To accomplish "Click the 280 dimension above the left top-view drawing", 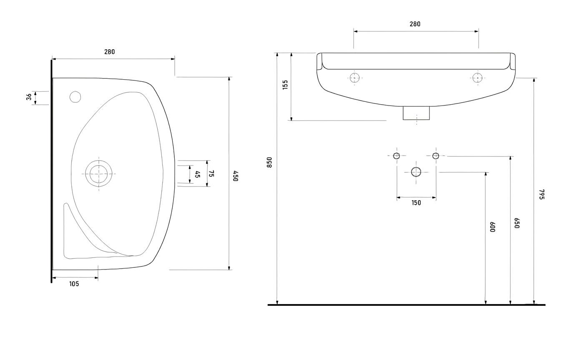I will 109,52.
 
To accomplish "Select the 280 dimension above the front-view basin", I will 415,24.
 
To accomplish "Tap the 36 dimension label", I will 29,97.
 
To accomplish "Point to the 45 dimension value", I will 198,174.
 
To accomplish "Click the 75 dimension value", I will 211,174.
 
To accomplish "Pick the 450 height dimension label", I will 236,176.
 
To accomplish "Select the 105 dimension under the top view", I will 74,284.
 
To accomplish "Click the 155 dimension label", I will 285,85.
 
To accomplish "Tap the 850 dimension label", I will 269,162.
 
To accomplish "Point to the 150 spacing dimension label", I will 416,203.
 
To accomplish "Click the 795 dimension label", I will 542,194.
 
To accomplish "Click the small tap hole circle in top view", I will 75,97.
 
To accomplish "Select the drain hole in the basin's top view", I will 99,174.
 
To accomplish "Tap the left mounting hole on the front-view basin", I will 355,78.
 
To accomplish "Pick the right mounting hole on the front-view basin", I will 477,78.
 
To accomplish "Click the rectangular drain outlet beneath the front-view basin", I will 416,113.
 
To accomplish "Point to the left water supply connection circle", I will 396,156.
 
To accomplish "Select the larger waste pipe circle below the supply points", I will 416,171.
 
